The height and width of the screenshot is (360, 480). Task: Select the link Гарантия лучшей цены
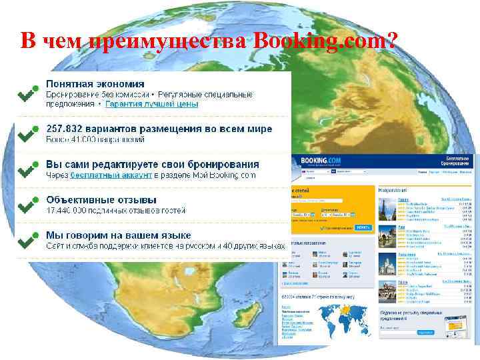pos(151,105)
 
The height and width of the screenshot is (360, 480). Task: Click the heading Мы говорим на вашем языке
pos(118,235)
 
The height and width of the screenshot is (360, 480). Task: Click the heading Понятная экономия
pos(95,84)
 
